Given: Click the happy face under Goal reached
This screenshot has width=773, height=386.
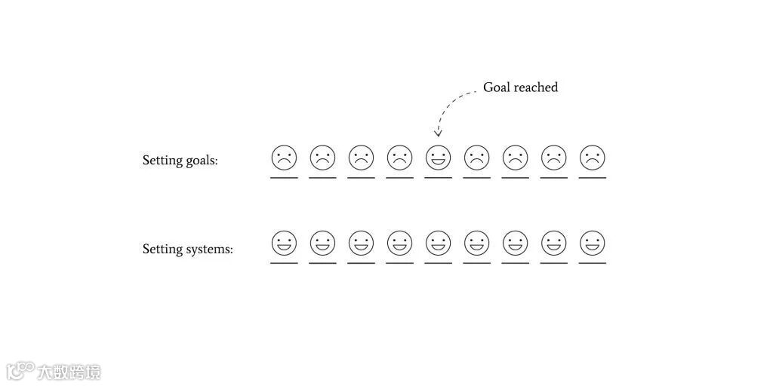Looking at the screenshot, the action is coord(438,158).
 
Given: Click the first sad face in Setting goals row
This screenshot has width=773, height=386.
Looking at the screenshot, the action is coord(284,158).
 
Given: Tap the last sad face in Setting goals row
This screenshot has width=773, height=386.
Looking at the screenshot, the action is coord(593,158).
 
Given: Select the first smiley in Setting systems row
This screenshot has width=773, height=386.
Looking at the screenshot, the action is coord(284,244).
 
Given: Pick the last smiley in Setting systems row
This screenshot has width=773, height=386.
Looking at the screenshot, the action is coord(593,244).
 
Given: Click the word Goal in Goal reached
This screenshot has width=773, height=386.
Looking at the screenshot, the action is coord(497,87).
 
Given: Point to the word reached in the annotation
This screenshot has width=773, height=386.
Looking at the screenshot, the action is coord(536,87).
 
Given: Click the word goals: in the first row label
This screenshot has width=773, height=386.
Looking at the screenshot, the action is coord(202,161).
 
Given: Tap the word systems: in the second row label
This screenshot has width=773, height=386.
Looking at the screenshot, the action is coord(209,250).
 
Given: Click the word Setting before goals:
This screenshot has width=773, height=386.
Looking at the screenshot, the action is coord(162,161).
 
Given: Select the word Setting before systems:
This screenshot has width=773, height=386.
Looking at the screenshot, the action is coord(162,250).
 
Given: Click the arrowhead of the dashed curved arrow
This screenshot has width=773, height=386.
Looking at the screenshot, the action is coord(438,133).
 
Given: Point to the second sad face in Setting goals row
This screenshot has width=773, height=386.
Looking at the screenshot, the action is coord(322,158).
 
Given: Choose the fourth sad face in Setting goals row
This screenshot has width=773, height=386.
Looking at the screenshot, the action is coord(399,158).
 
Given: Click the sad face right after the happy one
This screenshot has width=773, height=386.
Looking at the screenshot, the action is coord(476,158).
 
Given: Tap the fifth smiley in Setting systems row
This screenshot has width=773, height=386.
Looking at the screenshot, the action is coord(438,244).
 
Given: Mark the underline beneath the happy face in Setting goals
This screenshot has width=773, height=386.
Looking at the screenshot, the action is coord(438,178).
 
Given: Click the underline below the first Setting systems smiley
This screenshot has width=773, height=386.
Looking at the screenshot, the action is coord(284,263).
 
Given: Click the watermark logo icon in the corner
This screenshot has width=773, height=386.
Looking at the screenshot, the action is coord(20,370).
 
